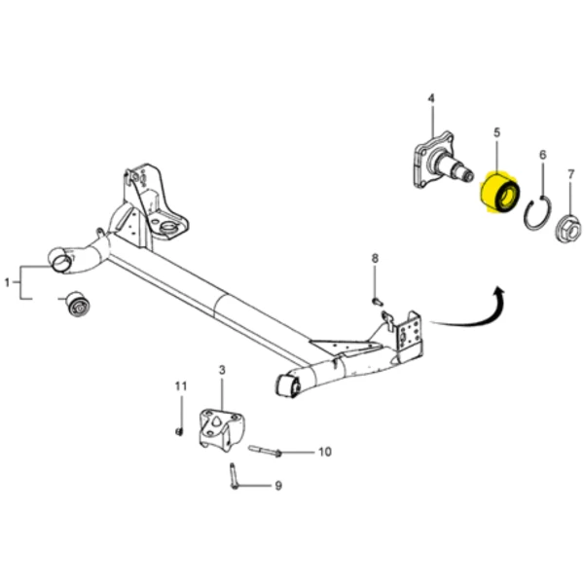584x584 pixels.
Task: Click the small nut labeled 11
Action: pyautogui.click(x=179, y=431)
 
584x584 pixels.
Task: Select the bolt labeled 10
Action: pyautogui.click(x=265, y=451)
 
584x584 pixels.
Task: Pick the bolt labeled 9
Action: pyautogui.click(x=234, y=476)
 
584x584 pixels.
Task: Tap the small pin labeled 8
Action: pyautogui.click(x=377, y=301)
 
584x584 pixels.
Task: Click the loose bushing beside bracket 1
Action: pyautogui.click(x=77, y=304)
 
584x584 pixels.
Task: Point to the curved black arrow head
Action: pyautogui.click(x=498, y=293)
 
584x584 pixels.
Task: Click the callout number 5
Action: pyautogui.click(x=496, y=132)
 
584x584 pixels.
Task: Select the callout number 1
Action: pyautogui.click(x=7, y=282)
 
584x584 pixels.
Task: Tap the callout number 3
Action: pyautogui.click(x=222, y=370)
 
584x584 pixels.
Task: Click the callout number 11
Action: pyautogui.click(x=181, y=386)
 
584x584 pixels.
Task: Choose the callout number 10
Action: pyautogui.click(x=325, y=452)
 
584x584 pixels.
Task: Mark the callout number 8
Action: pyautogui.click(x=375, y=258)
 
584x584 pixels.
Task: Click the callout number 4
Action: pyautogui.click(x=431, y=98)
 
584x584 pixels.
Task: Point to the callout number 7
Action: pyautogui.click(x=571, y=174)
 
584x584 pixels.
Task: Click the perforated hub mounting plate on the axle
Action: pyautogui.click(x=409, y=333)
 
